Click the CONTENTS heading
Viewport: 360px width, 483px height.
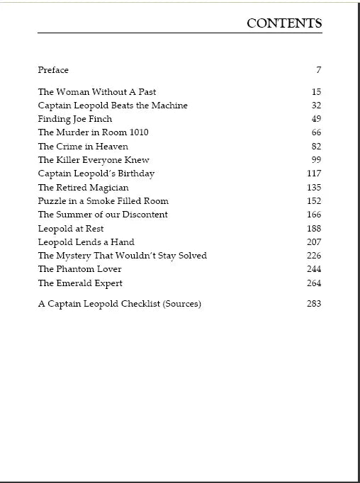click(284, 23)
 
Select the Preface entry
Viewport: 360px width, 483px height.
click(53, 70)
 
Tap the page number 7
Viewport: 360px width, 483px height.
click(319, 70)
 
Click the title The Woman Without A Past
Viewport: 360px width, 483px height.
click(97, 92)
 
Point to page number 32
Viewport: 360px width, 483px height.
click(316, 106)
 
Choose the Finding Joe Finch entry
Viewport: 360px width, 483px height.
click(75, 119)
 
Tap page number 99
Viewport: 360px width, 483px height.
click(316, 160)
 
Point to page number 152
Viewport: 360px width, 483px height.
click(314, 201)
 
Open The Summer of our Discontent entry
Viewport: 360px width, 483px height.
click(103, 215)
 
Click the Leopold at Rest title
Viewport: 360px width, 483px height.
click(71, 229)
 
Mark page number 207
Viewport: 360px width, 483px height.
click(314, 242)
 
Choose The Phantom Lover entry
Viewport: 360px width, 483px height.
click(79, 269)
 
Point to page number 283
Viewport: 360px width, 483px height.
click(314, 304)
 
